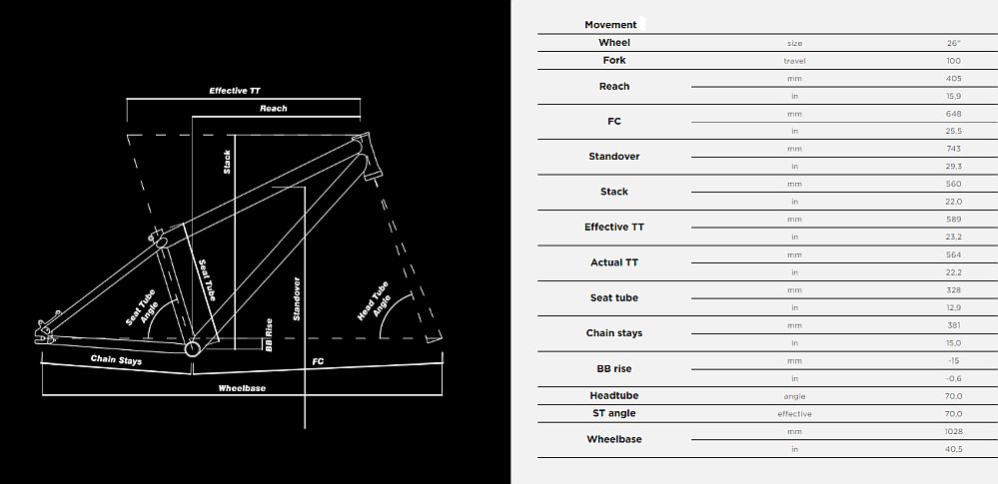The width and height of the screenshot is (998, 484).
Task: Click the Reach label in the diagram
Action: (x=273, y=109)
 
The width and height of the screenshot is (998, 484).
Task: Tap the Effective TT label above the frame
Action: (x=235, y=91)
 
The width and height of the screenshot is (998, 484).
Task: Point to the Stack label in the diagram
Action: (x=227, y=163)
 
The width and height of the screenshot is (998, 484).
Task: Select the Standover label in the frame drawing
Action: (x=297, y=299)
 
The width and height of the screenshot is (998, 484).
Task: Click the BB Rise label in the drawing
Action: (x=269, y=335)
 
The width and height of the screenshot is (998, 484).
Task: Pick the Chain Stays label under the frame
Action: (x=116, y=360)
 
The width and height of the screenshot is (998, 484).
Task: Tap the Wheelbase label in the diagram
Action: (x=242, y=388)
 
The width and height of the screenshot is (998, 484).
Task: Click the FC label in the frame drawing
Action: (x=319, y=361)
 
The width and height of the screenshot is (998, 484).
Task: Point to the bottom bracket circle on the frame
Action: (x=192, y=348)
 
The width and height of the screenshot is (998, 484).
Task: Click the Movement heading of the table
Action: (x=610, y=25)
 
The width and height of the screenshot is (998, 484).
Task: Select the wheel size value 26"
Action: (x=953, y=43)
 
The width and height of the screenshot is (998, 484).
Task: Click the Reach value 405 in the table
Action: (x=953, y=79)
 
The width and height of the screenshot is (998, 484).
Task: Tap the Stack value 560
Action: (x=953, y=185)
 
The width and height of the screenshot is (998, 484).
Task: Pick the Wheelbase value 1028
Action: (x=954, y=431)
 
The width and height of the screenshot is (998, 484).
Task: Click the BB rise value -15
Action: (x=953, y=360)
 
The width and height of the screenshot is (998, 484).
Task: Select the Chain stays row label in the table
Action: (x=614, y=333)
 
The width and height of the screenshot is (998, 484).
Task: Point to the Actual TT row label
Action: (x=614, y=262)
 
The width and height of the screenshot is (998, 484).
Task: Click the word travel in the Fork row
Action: (x=794, y=61)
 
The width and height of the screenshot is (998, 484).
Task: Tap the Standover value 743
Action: (x=953, y=149)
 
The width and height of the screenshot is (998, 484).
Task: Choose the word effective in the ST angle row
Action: (x=794, y=414)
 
